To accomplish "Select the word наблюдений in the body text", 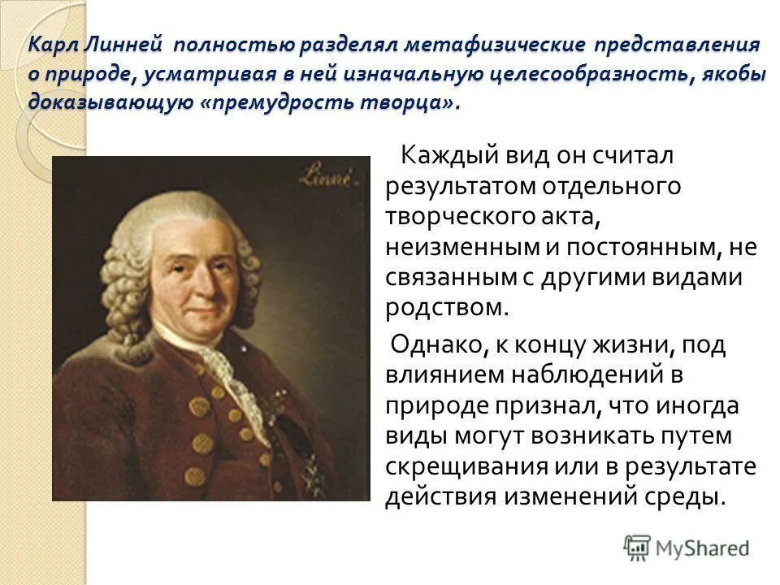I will [x=578, y=375].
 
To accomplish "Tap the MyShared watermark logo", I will [x=687, y=548].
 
